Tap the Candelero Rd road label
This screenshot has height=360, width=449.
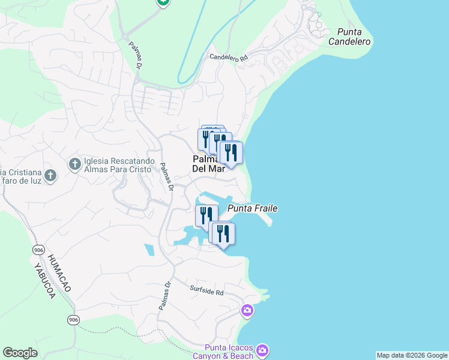pyautogui.click(x=228, y=58)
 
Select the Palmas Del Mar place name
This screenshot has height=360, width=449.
pyautogui.click(x=208, y=164)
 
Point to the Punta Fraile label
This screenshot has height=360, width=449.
pyautogui.click(x=252, y=208)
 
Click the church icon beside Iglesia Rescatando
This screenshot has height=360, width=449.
pyautogui.click(x=74, y=164)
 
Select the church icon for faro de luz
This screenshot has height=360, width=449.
pyautogui.click(x=50, y=175)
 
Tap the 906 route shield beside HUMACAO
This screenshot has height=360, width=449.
pyautogui.click(x=39, y=249)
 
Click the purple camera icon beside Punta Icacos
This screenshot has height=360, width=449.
pyautogui.click(x=262, y=350)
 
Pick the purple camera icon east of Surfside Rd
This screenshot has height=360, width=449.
pyautogui.click(x=247, y=310)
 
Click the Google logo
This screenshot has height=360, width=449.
pyautogui.click(x=20, y=353)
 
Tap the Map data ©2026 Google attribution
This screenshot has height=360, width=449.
pyautogui.click(x=412, y=355)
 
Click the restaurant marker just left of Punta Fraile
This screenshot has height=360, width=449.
pyautogui.click(x=206, y=214)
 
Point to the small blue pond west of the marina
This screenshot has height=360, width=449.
pyautogui.click(x=149, y=250)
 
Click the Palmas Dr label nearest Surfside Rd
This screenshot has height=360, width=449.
pyautogui.click(x=165, y=296)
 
